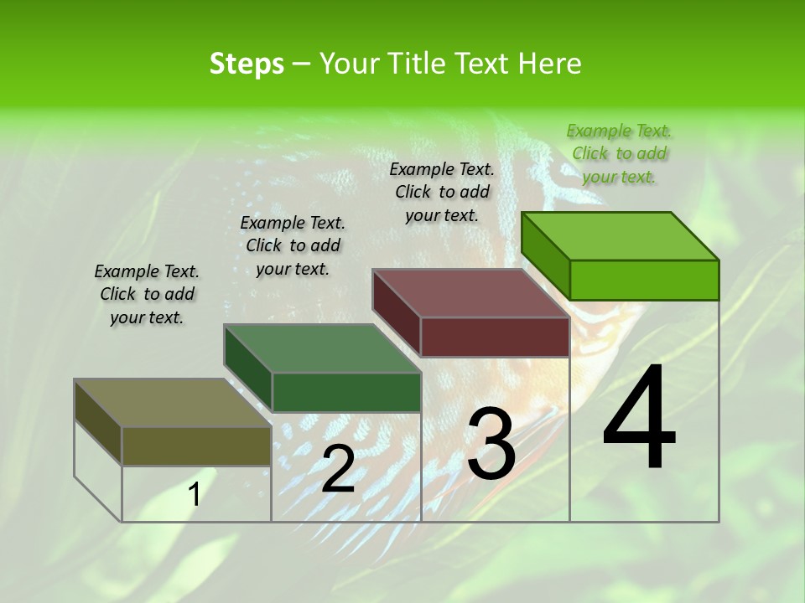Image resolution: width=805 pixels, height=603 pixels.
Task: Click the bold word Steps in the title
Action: pyautogui.click(x=247, y=64)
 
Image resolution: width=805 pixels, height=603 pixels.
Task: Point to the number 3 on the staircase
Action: pyautogui.click(x=491, y=444)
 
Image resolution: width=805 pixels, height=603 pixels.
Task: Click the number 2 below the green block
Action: pyautogui.click(x=338, y=469)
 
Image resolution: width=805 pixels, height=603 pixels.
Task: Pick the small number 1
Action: pyautogui.click(x=194, y=495)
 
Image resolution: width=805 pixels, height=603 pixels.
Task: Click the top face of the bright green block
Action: pyautogui.click(x=621, y=236)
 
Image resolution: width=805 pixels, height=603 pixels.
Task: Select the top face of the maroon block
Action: pyautogui.click(x=471, y=293)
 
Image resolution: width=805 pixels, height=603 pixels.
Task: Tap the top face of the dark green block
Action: pyautogui.click(x=322, y=348)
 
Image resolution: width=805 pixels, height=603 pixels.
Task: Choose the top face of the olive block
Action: pyautogui.click(x=173, y=403)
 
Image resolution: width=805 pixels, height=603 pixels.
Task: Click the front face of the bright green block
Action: pyautogui.click(x=644, y=280)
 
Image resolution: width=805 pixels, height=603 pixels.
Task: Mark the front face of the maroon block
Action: pyautogui.click(x=495, y=337)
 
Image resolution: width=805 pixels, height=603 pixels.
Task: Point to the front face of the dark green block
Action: pyautogui.click(x=346, y=392)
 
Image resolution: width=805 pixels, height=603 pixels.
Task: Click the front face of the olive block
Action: pyautogui.click(x=196, y=446)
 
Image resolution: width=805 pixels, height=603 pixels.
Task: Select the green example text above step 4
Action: pyautogui.click(x=619, y=153)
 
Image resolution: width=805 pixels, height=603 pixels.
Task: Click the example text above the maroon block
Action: pyautogui.click(x=442, y=192)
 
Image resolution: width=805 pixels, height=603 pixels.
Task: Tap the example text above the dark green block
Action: pyautogui.click(x=293, y=245)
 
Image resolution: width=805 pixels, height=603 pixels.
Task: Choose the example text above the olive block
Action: pyautogui.click(x=147, y=294)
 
